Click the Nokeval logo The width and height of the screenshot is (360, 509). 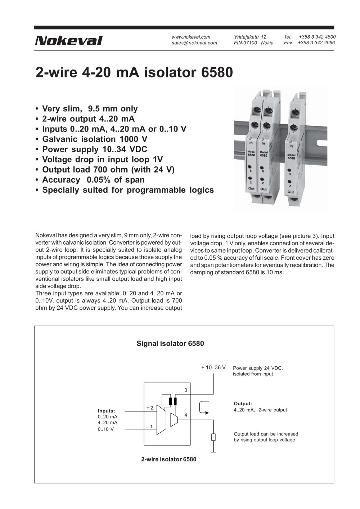(68, 40)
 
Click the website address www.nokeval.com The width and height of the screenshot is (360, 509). (191, 37)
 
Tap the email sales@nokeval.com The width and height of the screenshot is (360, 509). (194, 43)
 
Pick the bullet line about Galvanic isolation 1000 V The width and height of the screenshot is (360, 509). (95, 139)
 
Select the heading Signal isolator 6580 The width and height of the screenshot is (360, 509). (170, 343)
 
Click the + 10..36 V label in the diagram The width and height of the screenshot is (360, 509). (213, 367)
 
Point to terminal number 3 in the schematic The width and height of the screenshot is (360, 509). (186, 390)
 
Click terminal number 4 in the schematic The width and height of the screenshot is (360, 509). (186, 415)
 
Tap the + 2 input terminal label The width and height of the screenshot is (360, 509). (150, 408)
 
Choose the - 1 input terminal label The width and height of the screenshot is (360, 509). (150, 427)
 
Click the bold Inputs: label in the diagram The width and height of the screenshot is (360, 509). (106, 411)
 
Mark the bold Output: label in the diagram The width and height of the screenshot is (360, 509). (243, 404)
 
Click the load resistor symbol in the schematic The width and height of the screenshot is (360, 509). (213, 437)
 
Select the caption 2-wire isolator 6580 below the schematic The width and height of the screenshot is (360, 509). (168, 459)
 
